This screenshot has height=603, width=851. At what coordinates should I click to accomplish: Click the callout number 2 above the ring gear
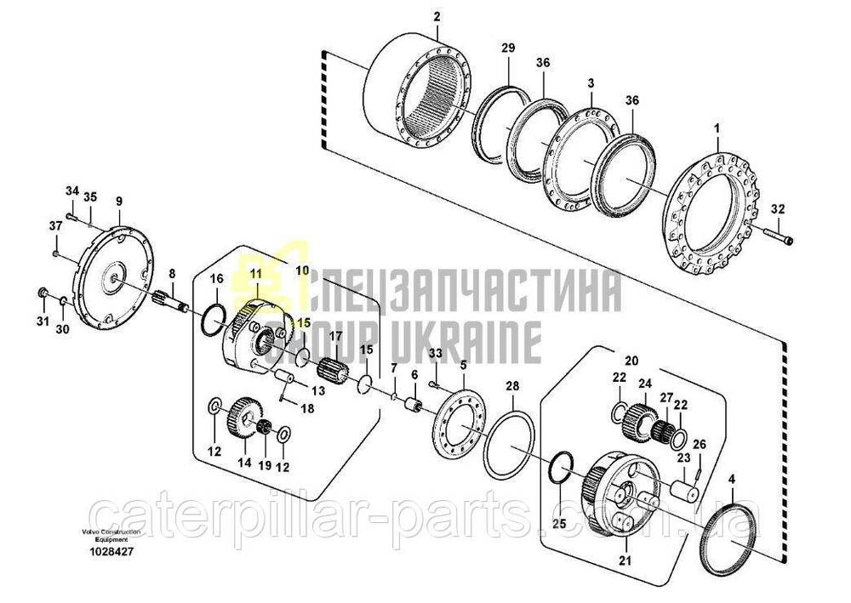(x=437, y=17)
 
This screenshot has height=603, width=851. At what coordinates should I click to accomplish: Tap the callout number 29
(x=508, y=48)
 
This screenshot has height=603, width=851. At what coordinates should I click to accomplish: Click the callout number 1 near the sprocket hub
(x=717, y=129)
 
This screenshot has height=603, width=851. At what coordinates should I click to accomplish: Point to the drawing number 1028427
(x=111, y=552)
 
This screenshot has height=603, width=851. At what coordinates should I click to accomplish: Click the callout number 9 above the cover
(x=119, y=202)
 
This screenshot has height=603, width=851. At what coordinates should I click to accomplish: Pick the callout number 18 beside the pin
(x=307, y=408)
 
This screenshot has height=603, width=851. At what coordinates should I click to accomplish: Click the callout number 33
(x=435, y=353)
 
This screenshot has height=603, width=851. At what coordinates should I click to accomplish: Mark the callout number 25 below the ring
(x=559, y=524)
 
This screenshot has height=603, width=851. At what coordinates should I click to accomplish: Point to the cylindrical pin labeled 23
(x=684, y=490)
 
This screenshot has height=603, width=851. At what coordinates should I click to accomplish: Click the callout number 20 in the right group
(x=631, y=360)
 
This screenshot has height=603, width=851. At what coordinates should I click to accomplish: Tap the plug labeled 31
(x=41, y=293)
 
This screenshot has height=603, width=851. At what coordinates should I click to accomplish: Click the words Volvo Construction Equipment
(x=111, y=536)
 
